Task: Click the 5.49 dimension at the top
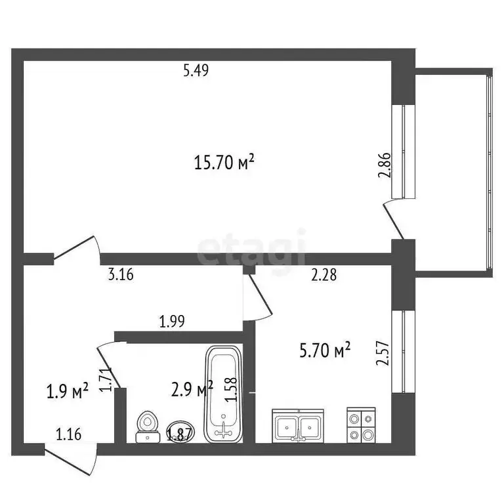(x=196, y=72)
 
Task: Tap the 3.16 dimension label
(x=120, y=276)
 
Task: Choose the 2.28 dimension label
(x=324, y=276)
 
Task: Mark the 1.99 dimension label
(x=172, y=322)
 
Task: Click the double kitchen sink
(x=299, y=426)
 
